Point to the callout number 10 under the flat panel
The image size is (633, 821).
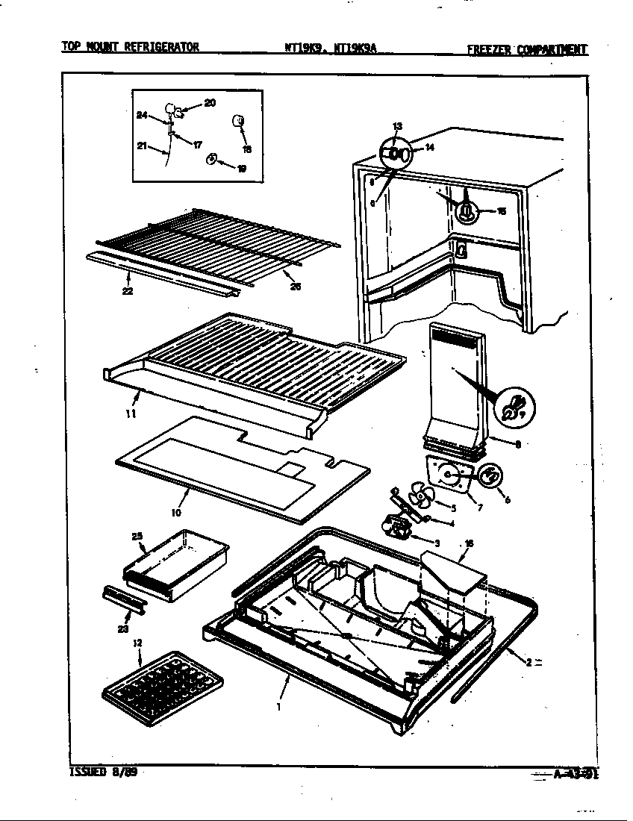pyautogui.click(x=177, y=513)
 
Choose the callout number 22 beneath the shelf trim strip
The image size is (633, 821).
pyautogui.click(x=128, y=291)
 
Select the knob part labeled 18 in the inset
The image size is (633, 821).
pyautogui.click(x=240, y=122)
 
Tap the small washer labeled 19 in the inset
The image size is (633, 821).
pyautogui.click(x=212, y=158)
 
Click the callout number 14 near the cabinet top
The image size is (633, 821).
pyautogui.click(x=429, y=147)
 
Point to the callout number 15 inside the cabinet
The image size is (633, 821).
pyautogui.click(x=502, y=211)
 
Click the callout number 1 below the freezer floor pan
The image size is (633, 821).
pyautogui.click(x=278, y=705)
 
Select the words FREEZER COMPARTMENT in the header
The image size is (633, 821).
pyautogui.click(x=527, y=50)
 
